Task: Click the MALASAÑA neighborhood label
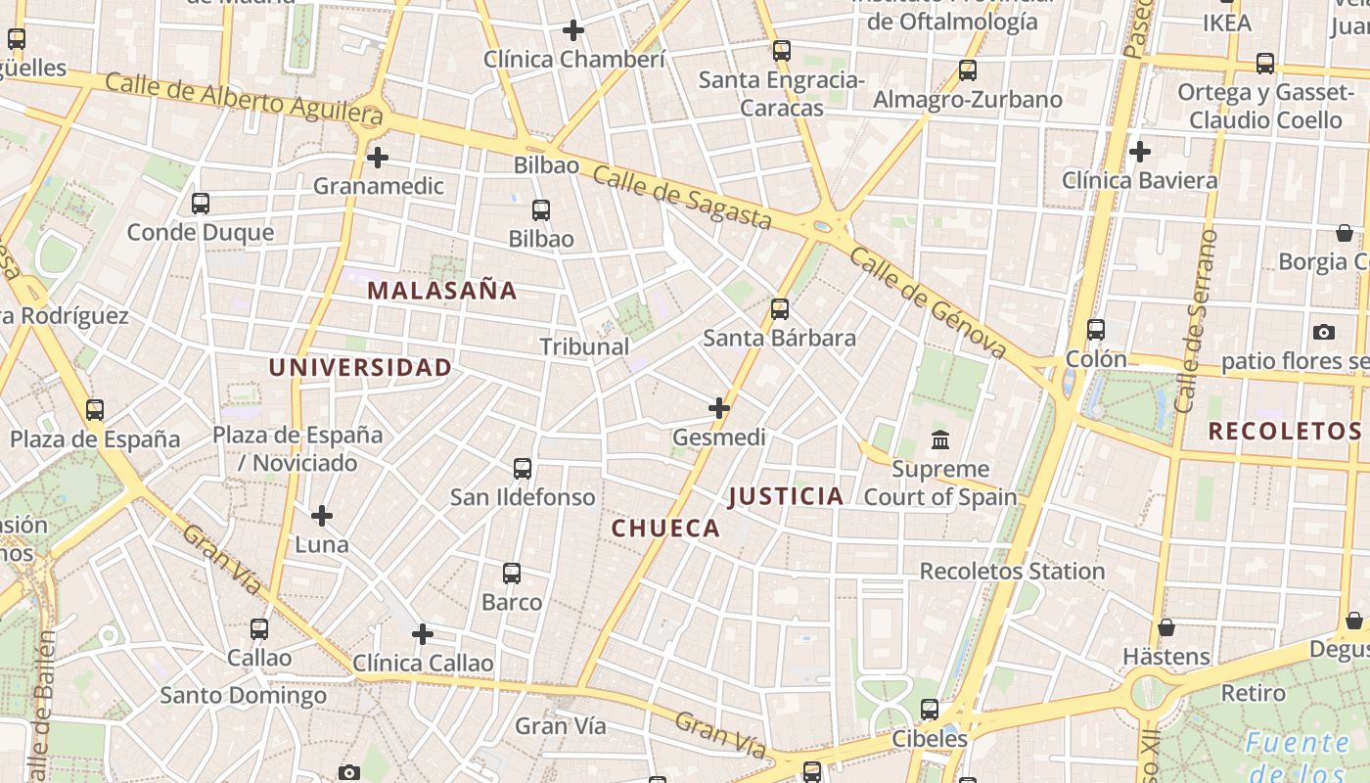pyautogui.click(x=442, y=291)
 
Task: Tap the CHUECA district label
pyautogui.click(x=665, y=529)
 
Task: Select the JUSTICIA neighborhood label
pyautogui.click(x=786, y=496)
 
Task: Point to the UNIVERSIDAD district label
pyautogui.click(x=360, y=368)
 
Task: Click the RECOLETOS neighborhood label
pyautogui.click(x=1284, y=432)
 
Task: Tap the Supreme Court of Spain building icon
pyautogui.click(x=941, y=438)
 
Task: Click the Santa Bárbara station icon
pyautogui.click(x=780, y=309)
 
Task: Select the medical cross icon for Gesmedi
pyautogui.click(x=719, y=407)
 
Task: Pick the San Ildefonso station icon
pyautogui.click(x=523, y=469)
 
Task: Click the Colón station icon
pyautogui.click(x=1096, y=330)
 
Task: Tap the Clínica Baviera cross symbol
pyautogui.click(x=1139, y=152)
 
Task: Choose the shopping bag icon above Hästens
pyautogui.click(x=1165, y=627)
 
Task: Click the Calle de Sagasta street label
pyautogui.click(x=681, y=197)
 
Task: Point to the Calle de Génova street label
pyautogui.click(x=928, y=302)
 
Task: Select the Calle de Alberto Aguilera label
pyautogui.click(x=243, y=97)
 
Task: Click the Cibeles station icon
pyautogui.click(x=930, y=710)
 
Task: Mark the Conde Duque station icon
pyautogui.click(x=201, y=204)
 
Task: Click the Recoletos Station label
pyautogui.click(x=1012, y=571)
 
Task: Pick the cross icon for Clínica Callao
pyautogui.click(x=423, y=634)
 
